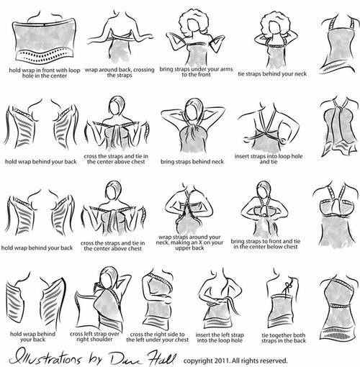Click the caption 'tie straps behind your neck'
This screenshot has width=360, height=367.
click(x=272, y=74)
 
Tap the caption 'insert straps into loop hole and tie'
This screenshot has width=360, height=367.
click(x=269, y=159)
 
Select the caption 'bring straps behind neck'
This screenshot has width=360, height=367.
click(x=192, y=162)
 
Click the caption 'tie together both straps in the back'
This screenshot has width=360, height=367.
click(x=284, y=337)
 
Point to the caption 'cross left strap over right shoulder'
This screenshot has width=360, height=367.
click(x=94, y=337)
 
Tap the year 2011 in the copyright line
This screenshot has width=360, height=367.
click(x=222, y=361)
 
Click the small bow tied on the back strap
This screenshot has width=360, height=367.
click(x=287, y=286)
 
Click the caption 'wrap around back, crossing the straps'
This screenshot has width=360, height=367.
click(x=120, y=73)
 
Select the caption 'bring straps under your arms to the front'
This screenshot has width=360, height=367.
click(x=196, y=72)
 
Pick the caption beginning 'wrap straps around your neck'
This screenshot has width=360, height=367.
click(x=189, y=243)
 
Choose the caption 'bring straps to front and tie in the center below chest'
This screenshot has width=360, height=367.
click(x=266, y=244)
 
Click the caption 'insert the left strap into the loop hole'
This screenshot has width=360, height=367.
click(x=220, y=337)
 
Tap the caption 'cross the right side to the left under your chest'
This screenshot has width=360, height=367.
click(x=158, y=337)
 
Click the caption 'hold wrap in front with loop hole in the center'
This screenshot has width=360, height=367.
click(x=45, y=73)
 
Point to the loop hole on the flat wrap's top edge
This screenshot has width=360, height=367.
click(x=45, y=24)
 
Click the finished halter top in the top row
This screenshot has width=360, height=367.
click(x=339, y=45)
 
